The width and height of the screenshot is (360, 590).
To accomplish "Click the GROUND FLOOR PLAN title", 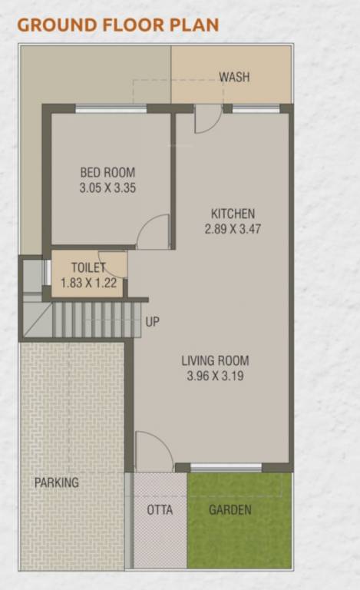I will point(117,24).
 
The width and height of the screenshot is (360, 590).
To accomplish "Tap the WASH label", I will point(234,77).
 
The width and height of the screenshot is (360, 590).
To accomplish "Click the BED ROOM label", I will point(107,172).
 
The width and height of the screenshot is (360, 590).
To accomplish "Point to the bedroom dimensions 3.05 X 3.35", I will point(107,187).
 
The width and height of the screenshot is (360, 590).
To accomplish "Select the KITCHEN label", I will point(233,214).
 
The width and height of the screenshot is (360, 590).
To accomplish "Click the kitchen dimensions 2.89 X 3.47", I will point(233,228).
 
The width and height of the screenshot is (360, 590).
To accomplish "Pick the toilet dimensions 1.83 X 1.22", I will point(89,283).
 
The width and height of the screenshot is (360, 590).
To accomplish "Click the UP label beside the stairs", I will point(153,322).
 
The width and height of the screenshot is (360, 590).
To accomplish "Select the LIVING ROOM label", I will point(215,360).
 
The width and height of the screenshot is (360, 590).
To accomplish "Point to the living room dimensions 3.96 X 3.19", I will point(215,376).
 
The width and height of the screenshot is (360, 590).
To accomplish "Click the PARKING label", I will point(56,482).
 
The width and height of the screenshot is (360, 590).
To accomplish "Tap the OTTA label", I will point(160,510).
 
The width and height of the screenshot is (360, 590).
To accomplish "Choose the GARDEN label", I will point(230,510).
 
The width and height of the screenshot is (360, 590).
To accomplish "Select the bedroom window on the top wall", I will point(111,108).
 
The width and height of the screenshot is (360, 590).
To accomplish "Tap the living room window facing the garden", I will point(226,466).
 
